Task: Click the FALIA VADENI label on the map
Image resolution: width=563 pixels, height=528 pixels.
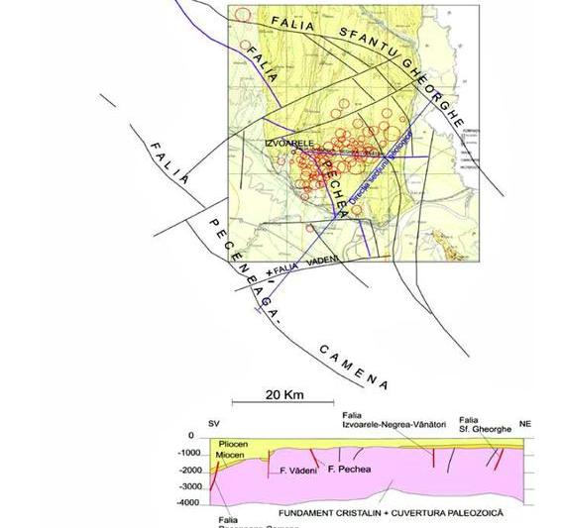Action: coord(305,262)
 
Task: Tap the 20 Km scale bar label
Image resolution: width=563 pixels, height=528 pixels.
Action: coord(284,394)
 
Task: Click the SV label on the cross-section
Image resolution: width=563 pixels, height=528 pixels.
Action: coord(213,423)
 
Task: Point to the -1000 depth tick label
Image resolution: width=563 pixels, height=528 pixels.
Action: coord(187,454)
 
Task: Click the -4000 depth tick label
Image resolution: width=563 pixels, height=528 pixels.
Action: coord(187,504)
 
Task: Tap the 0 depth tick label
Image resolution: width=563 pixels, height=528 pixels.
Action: coord(190,437)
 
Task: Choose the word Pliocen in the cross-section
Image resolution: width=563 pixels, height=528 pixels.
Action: coord(231,446)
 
